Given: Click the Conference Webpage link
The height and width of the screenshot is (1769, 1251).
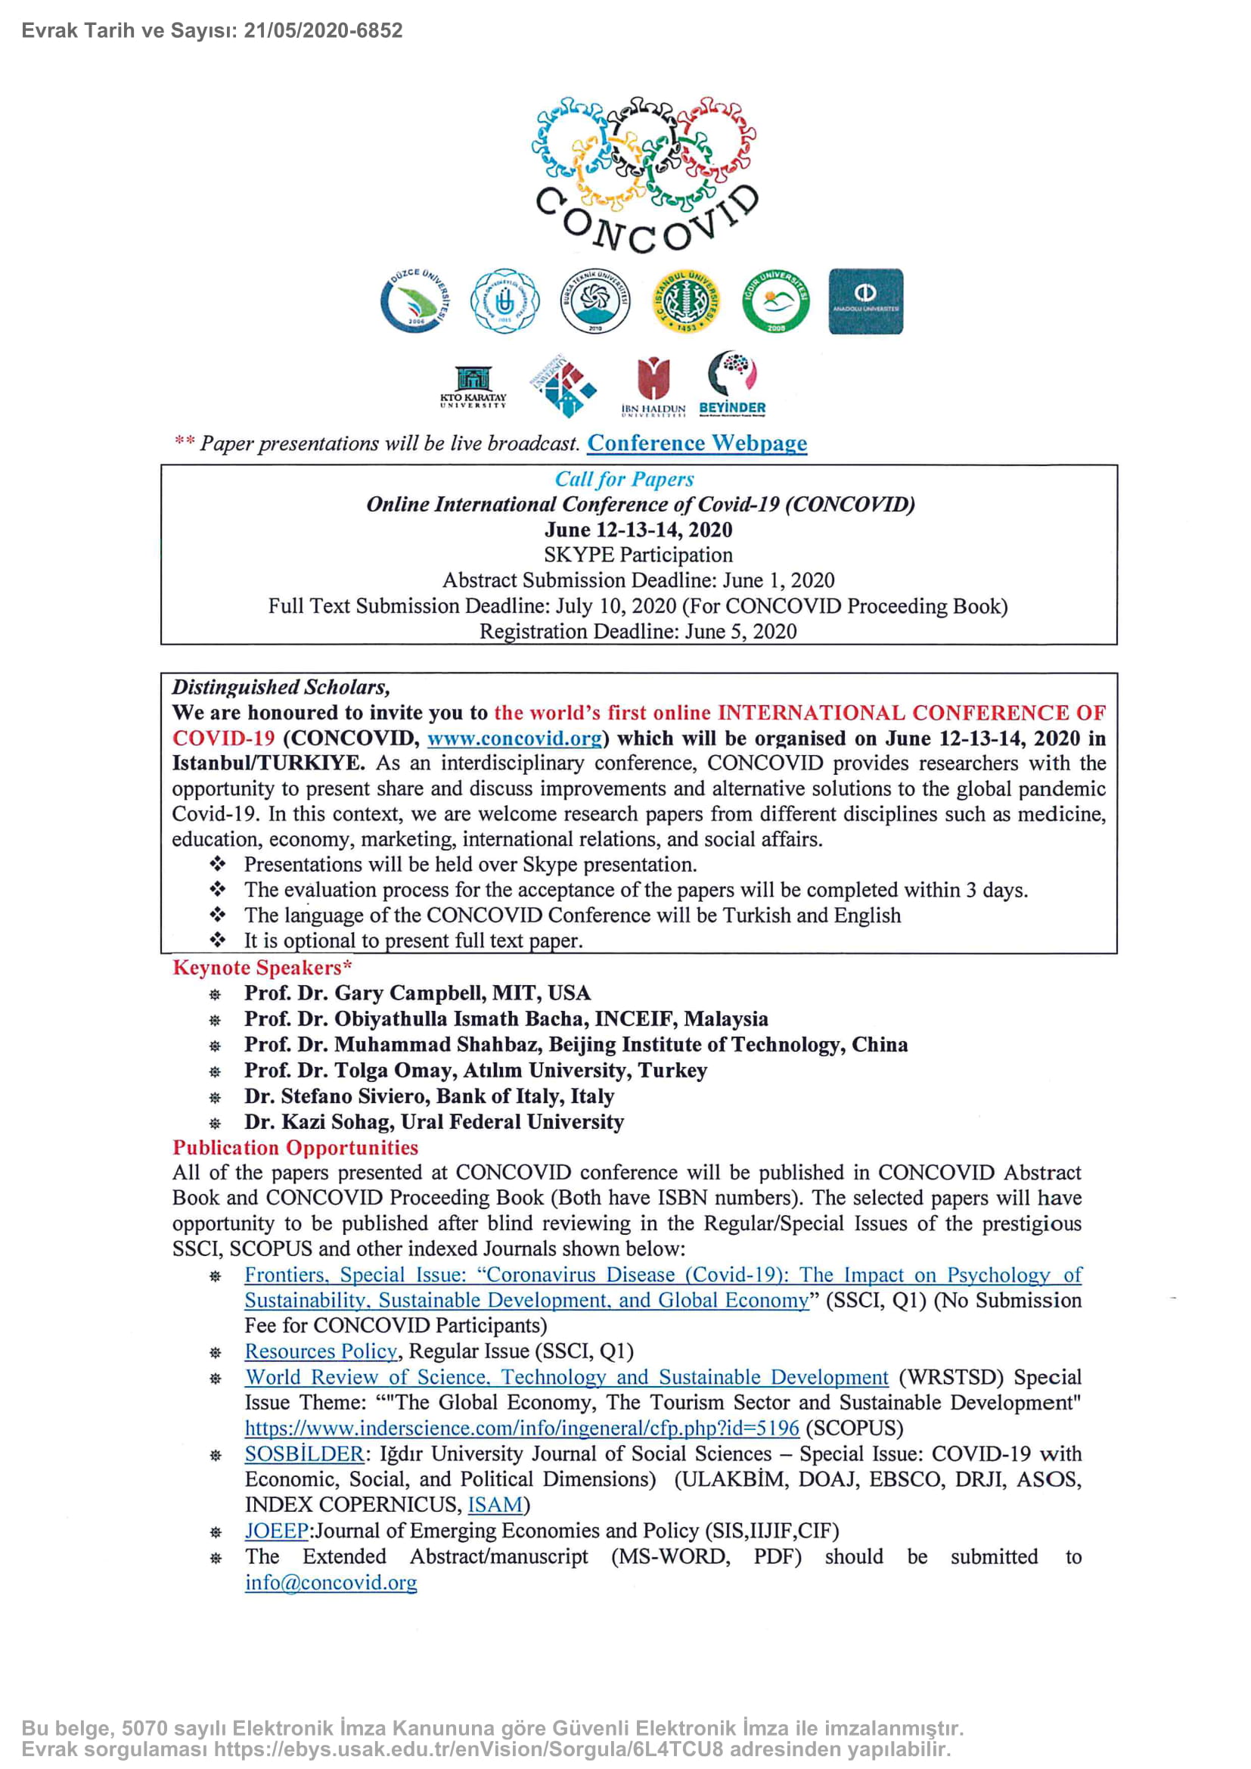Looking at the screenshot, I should (697, 443).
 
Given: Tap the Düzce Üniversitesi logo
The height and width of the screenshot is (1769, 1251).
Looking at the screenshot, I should (415, 300).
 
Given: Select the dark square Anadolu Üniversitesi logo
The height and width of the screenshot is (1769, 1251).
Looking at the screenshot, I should (865, 301).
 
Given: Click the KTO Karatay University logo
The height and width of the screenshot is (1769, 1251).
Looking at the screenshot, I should (473, 386).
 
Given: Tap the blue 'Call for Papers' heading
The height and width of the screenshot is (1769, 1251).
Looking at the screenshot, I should (624, 479).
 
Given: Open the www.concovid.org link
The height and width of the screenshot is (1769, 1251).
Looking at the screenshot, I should (514, 738).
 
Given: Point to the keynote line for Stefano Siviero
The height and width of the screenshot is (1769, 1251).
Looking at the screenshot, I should (429, 1096).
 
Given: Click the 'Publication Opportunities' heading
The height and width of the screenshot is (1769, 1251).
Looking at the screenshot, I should (295, 1147).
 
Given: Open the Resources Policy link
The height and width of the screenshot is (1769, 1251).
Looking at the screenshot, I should (321, 1351).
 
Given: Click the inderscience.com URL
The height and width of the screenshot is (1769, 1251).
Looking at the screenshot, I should (522, 1428).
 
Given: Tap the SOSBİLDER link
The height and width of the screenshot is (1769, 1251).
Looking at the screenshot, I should (303, 1454).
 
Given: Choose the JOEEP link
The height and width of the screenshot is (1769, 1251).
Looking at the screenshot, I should (277, 1530).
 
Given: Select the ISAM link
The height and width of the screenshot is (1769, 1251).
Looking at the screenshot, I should (495, 1505).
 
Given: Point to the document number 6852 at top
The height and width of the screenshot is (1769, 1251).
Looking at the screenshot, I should (379, 31).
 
